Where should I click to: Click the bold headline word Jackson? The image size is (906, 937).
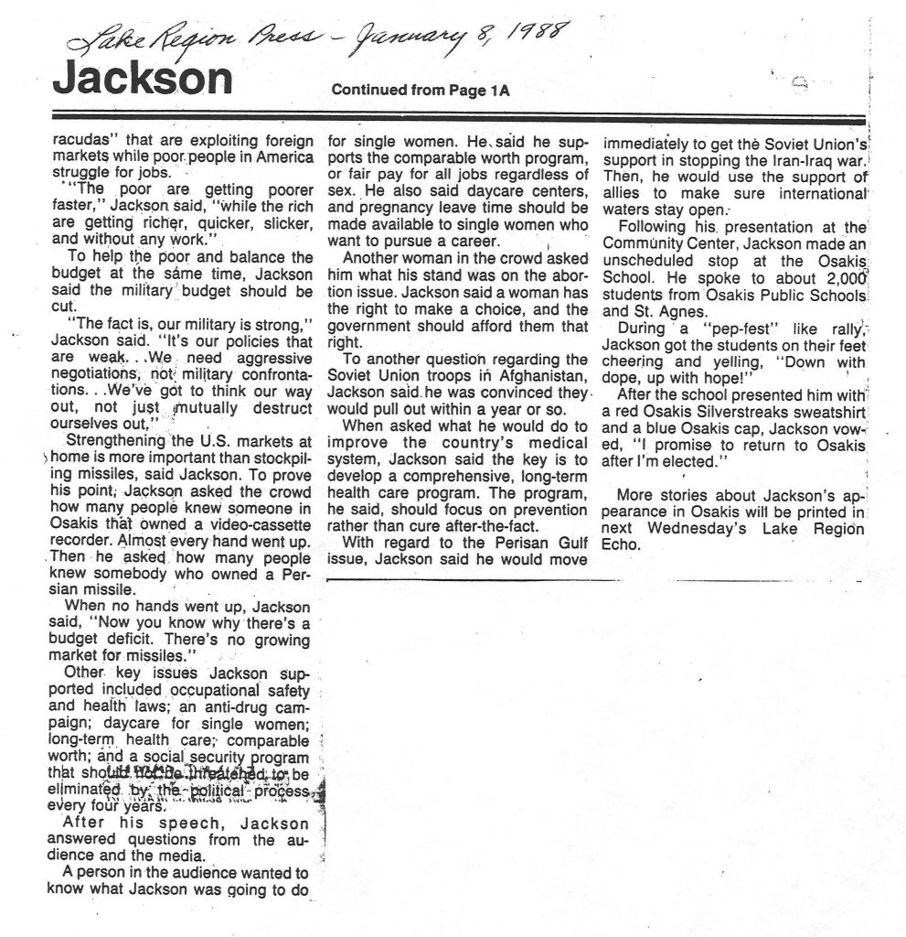[143, 80]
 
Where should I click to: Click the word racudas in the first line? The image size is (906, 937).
[88, 143]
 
